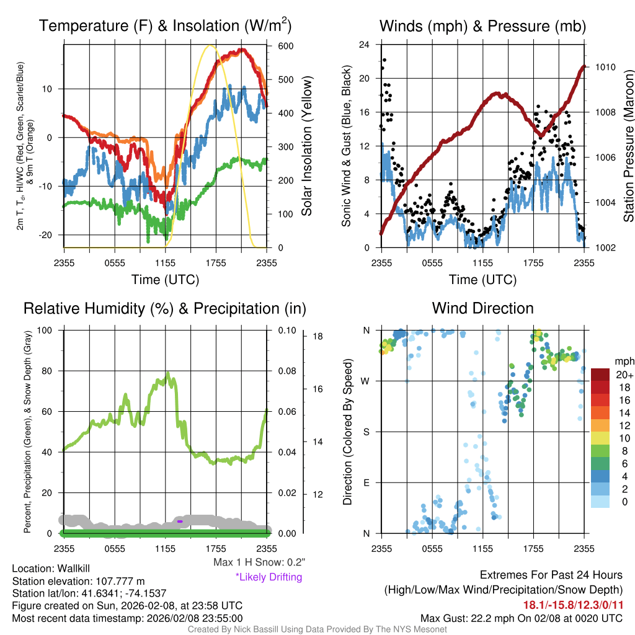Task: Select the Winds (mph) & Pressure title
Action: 482,26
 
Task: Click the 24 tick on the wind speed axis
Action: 364,45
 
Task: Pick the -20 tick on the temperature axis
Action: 48,235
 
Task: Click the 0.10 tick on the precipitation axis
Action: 286,331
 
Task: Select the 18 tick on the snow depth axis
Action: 318,337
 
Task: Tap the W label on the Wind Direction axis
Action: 366,381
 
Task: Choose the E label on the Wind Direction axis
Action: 366,482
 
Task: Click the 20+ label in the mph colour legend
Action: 624,375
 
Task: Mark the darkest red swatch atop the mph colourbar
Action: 601,375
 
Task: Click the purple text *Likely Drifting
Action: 269,577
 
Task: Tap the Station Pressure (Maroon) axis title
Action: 628,146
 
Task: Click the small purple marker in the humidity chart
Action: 179,522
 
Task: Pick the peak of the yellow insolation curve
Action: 210,45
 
